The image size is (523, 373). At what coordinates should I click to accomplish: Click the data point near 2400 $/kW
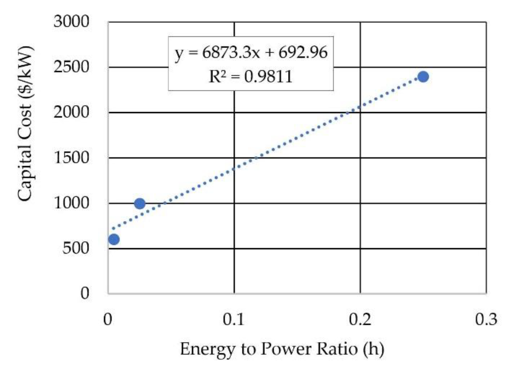click(x=423, y=77)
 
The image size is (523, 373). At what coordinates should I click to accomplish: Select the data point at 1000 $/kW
click(x=140, y=204)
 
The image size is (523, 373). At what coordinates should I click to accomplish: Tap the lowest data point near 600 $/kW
click(x=114, y=239)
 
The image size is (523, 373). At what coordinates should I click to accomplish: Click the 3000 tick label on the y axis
click(x=71, y=21)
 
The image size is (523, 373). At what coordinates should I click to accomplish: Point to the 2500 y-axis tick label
click(x=71, y=67)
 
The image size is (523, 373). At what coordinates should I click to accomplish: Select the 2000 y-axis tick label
click(x=71, y=112)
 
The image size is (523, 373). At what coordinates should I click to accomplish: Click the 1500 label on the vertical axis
click(x=71, y=158)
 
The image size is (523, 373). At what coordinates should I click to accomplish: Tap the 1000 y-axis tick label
click(x=71, y=203)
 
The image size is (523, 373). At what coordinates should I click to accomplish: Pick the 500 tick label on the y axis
click(x=76, y=248)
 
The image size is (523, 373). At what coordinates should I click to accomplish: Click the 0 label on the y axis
click(x=85, y=293)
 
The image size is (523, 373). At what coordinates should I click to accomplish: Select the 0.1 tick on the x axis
click(x=234, y=319)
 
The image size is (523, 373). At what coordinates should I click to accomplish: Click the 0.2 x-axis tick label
click(x=360, y=319)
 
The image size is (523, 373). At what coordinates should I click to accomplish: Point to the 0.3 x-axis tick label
click(x=486, y=319)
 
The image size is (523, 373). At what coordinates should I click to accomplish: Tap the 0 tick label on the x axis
click(x=108, y=319)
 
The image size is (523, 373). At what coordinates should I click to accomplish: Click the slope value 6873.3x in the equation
click(x=231, y=52)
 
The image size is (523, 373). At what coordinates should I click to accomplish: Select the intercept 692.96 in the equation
click(x=303, y=52)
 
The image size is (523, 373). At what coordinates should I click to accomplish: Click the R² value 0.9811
click(x=268, y=77)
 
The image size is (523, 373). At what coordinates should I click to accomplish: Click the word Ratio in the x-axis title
click(x=337, y=349)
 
